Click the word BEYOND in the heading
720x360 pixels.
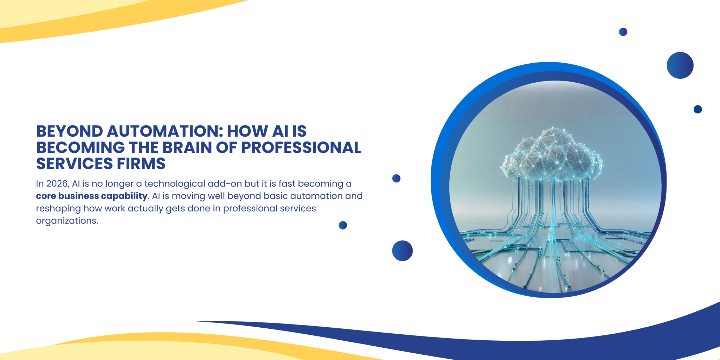(x=70, y=131)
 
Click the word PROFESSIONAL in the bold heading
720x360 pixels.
(x=301, y=148)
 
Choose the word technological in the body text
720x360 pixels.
(x=175, y=184)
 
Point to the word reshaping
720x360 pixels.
(x=58, y=209)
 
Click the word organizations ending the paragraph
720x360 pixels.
(x=67, y=221)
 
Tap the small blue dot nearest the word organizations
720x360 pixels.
(x=343, y=225)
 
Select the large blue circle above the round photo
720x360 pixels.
(x=680, y=65)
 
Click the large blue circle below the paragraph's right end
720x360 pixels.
(x=402, y=251)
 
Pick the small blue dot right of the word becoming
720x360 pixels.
(x=396, y=178)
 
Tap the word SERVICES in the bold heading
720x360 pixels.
(x=75, y=164)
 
